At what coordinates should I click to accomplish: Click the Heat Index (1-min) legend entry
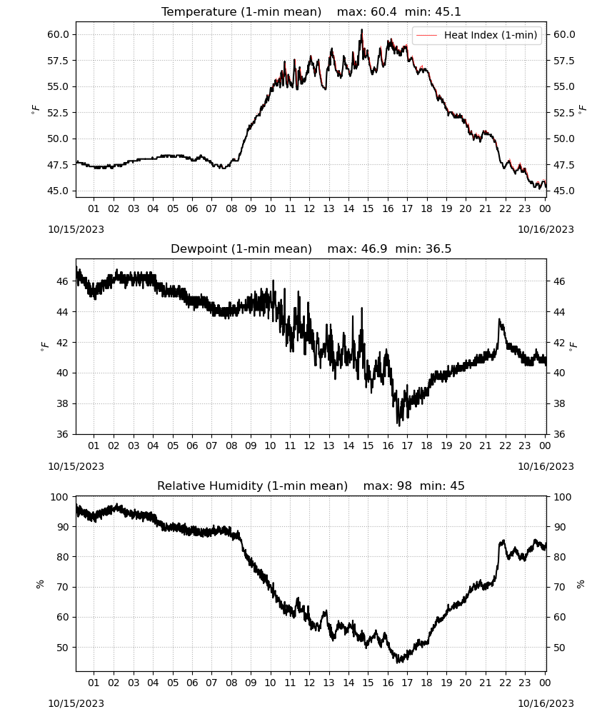click(x=477, y=35)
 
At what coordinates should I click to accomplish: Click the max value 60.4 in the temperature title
click(x=383, y=12)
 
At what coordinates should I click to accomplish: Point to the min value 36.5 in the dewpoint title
click(x=438, y=249)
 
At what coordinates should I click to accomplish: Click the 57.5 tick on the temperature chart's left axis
click(x=58, y=61)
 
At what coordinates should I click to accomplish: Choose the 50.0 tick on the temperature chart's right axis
click(x=564, y=139)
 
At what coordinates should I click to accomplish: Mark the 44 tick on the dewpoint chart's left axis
click(x=63, y=312)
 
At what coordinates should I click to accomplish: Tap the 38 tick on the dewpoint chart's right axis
click(x=559, y=403)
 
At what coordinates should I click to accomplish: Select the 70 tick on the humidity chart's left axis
click(x=63, y=587)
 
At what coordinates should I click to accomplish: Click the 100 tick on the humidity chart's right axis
click(x=562, y=497)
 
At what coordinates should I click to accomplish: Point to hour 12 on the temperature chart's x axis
click(x=310, y=208)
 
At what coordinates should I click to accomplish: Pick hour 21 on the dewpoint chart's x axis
click(x=486, y=446)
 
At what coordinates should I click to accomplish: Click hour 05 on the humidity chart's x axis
click(x=173, y=683)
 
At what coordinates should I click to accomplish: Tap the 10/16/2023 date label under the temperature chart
click(x=546, y=229)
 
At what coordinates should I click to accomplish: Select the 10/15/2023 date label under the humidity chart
click(x=76, y=703)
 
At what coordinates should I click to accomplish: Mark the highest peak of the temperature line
click(x=362, y=29)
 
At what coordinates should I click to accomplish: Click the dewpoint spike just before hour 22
click(x=500, y=319)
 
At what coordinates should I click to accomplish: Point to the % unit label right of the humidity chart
click(x=581, y=584)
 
